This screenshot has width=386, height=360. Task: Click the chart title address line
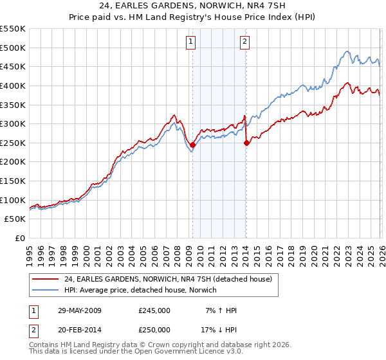point(193,6)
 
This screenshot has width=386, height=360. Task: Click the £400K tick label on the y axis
point(13,85)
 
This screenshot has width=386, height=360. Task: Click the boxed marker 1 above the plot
point(192,42)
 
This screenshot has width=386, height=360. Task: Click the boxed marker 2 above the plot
point(245,42)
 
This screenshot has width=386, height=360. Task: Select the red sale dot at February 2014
point(246,143)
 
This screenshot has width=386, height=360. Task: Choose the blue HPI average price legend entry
point(141,290)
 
